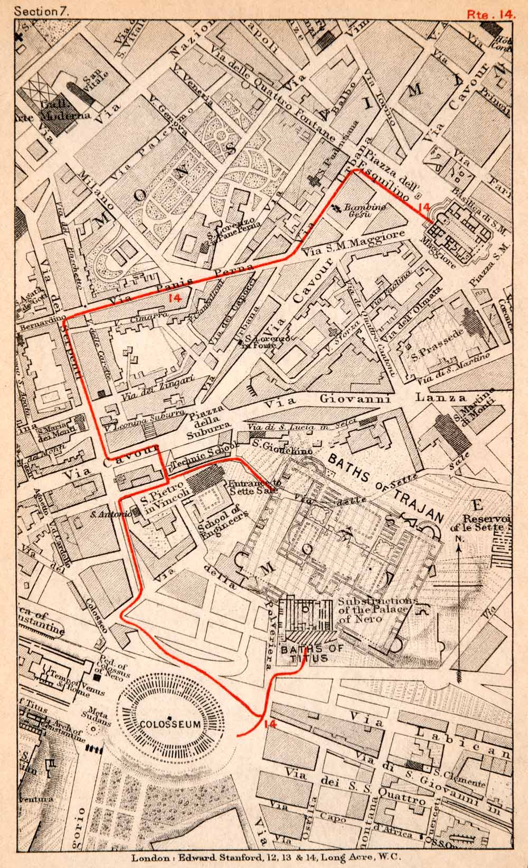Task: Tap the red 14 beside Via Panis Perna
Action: [x=174, y=298]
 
